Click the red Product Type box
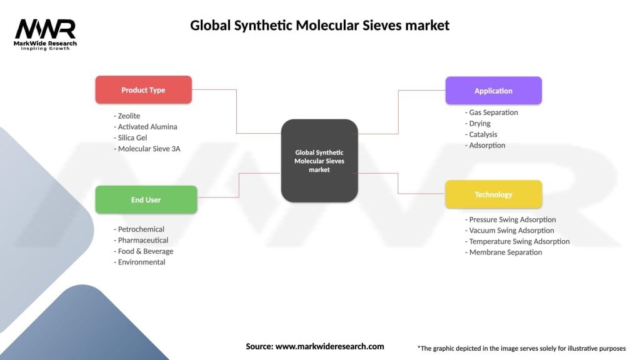coord(143,90)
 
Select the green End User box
coord(146,200)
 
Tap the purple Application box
coord(493,91)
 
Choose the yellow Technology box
coord(493,194)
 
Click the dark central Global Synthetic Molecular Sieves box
coord(319,161)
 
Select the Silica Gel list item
coord(132,137)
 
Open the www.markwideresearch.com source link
coord(329,346)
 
